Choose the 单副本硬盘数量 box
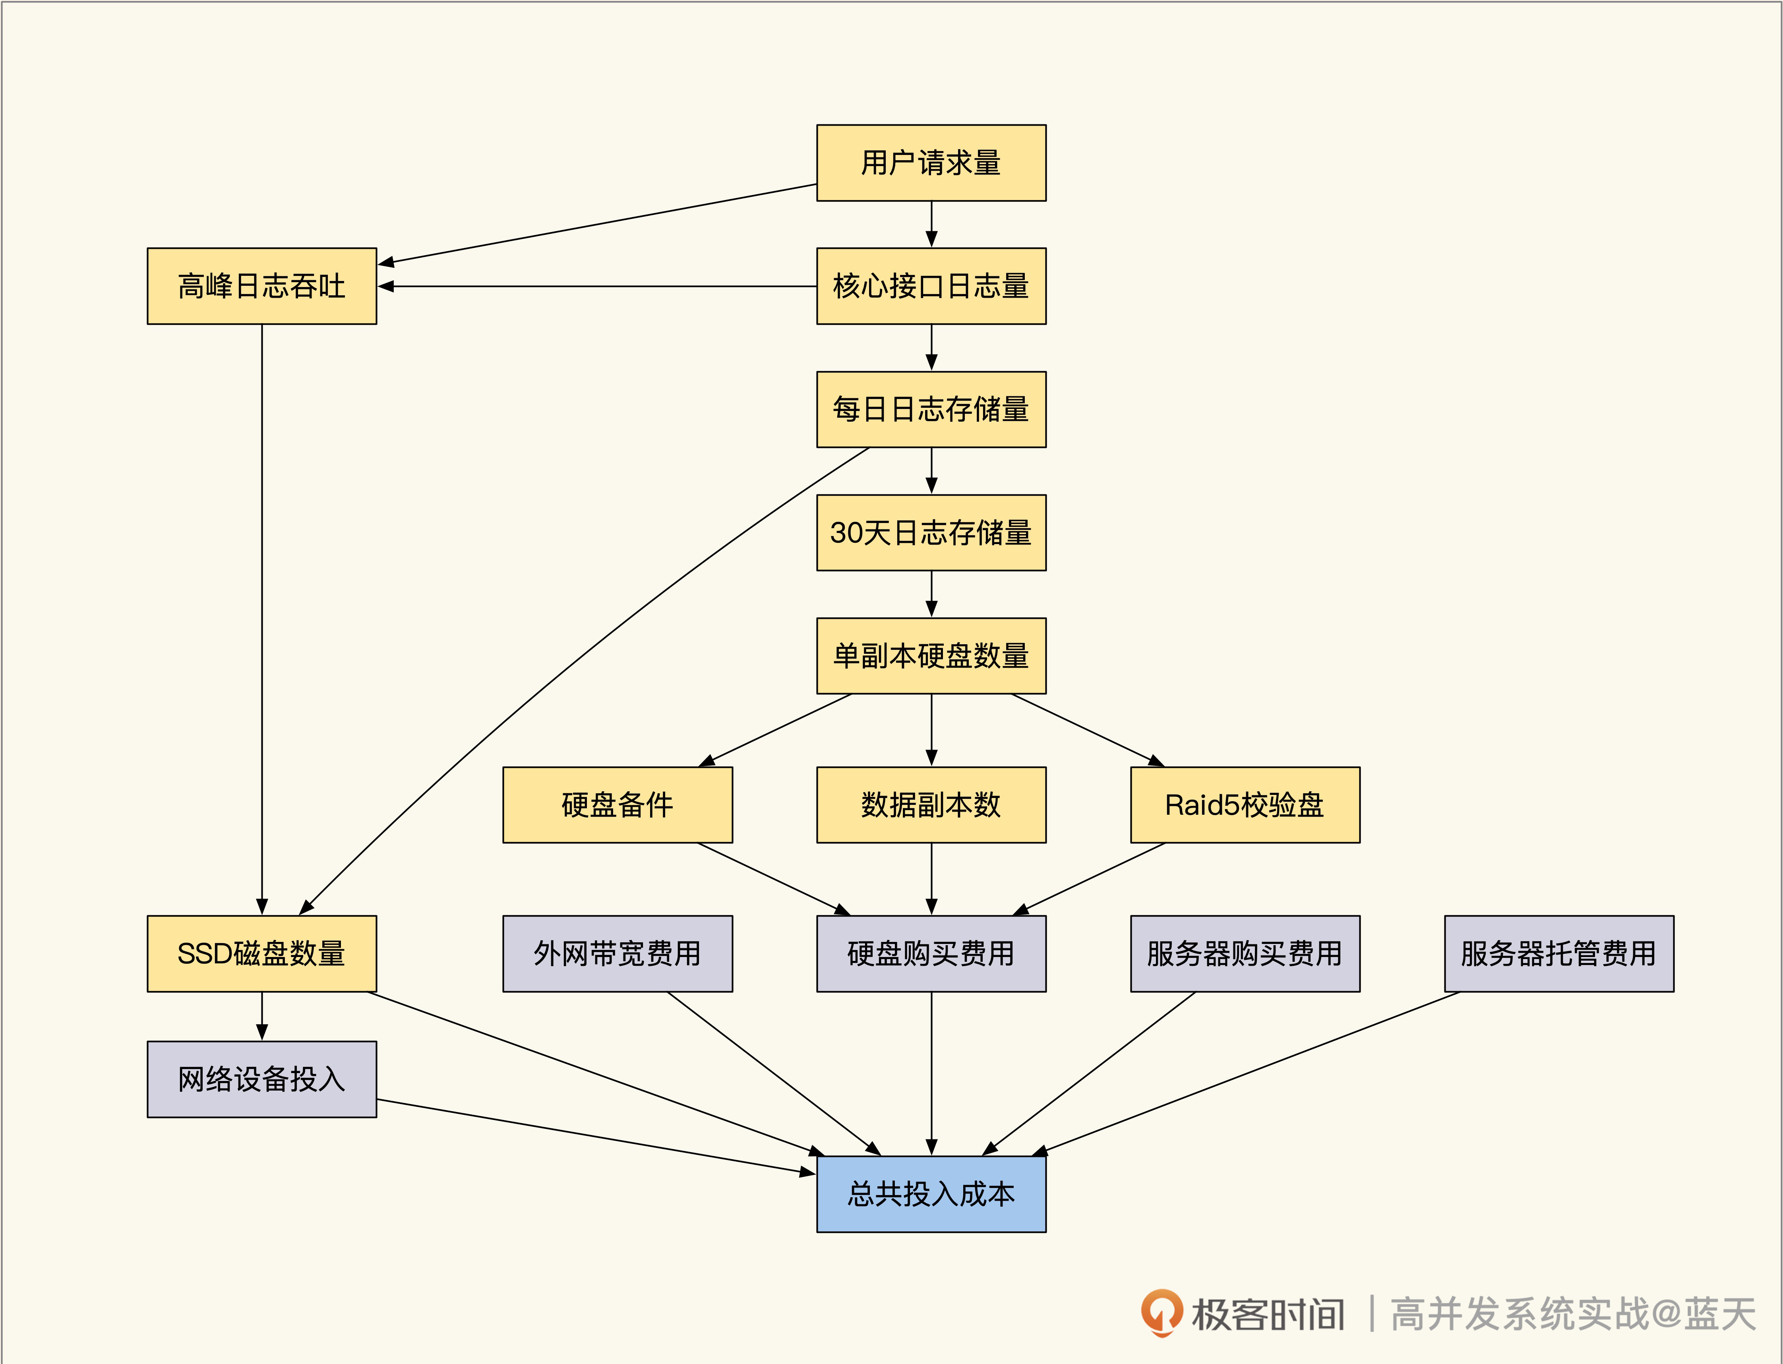(x=931, y=656)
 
